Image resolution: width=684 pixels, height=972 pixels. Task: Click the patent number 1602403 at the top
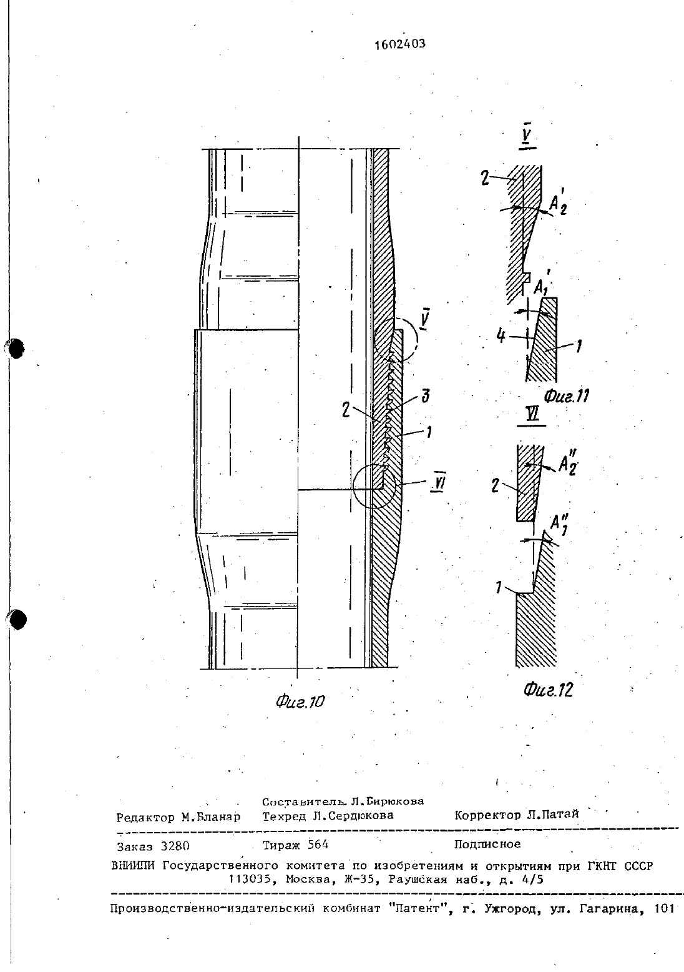tap(399, 44)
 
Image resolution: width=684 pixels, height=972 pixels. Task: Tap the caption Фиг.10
tap(300, 702)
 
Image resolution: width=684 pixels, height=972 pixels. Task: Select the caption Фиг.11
tap(566, 396)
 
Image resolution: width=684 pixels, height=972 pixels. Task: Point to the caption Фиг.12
tap(549, 690)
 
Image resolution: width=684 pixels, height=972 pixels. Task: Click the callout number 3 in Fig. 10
tap(426, 396)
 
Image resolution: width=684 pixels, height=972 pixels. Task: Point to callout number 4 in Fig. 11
tap(501, 336)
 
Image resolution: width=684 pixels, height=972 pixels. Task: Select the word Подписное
tap(487, 844)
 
